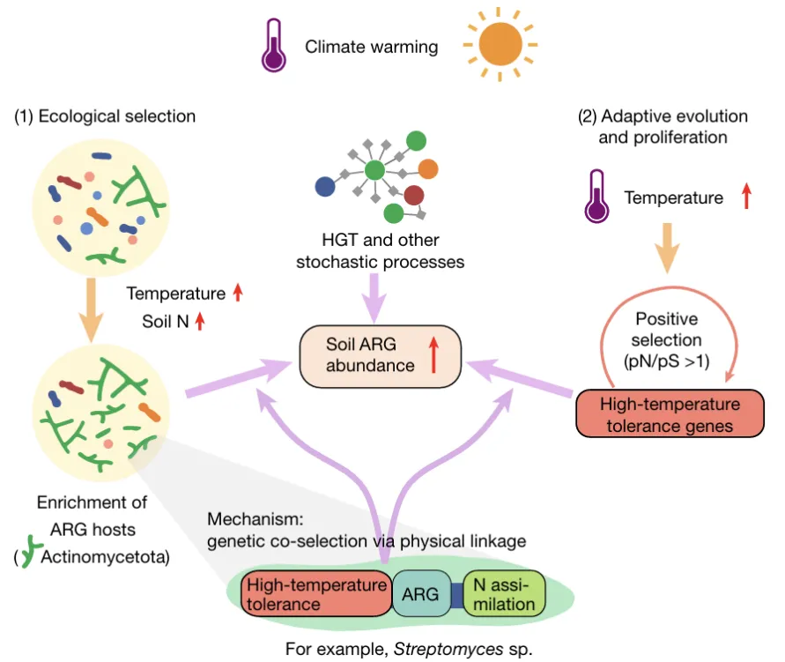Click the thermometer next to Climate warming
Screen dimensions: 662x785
[273, 47]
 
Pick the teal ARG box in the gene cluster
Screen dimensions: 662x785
[420, 593]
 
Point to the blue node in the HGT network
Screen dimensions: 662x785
[326, 186]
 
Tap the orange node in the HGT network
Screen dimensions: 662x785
[428, 167]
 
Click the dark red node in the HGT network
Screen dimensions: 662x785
[413, 195]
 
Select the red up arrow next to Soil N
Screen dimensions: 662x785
[200, 321]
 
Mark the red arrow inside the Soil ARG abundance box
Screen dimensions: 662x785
[433, 355]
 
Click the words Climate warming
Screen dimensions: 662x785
[371, 47]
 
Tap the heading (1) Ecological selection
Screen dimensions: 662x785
[104, 116]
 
